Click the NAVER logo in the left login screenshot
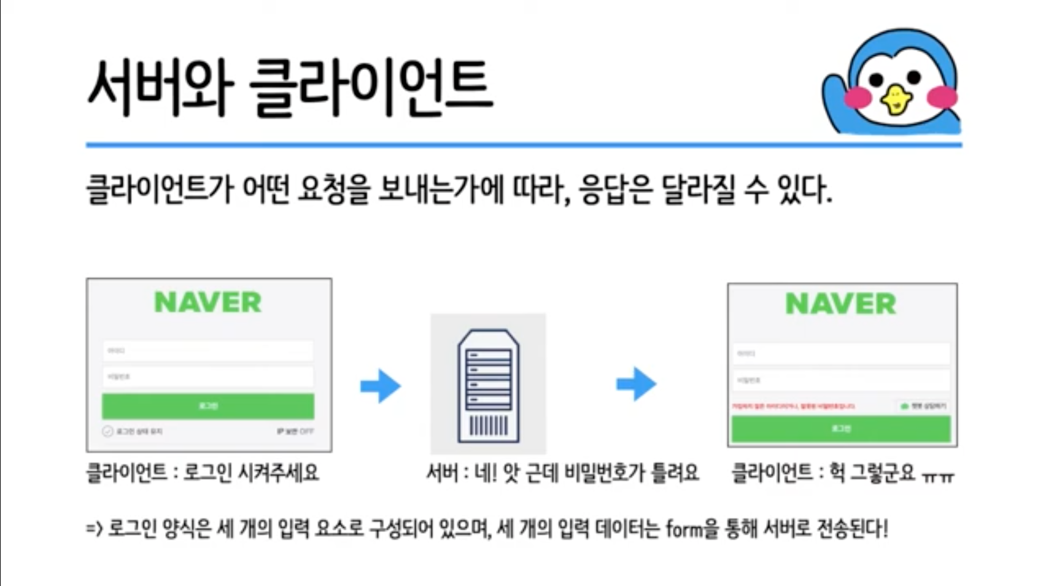208,302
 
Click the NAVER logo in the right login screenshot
840,304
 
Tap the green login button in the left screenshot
208,406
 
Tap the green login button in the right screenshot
840,428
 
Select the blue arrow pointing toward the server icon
381,386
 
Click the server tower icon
488,385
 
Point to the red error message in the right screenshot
792,406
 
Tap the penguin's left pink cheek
858,97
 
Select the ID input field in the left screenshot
208,351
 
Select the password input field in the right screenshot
840,380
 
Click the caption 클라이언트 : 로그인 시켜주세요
203,473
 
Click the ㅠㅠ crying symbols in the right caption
938,476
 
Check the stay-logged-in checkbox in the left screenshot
108,431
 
